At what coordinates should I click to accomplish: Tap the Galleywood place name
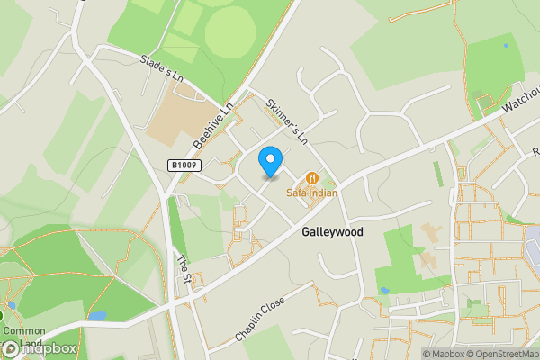click(x=332, y=231)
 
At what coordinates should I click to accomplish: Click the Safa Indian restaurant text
click(x=311, y=192)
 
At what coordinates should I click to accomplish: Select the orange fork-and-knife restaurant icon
click(x=312, y=177)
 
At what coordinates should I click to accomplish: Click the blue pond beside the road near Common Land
click(x=97, y=317)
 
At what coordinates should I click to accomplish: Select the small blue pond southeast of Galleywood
click(x=384, y=292)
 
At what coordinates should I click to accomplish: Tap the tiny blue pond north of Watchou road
click(x=506, y=45)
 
